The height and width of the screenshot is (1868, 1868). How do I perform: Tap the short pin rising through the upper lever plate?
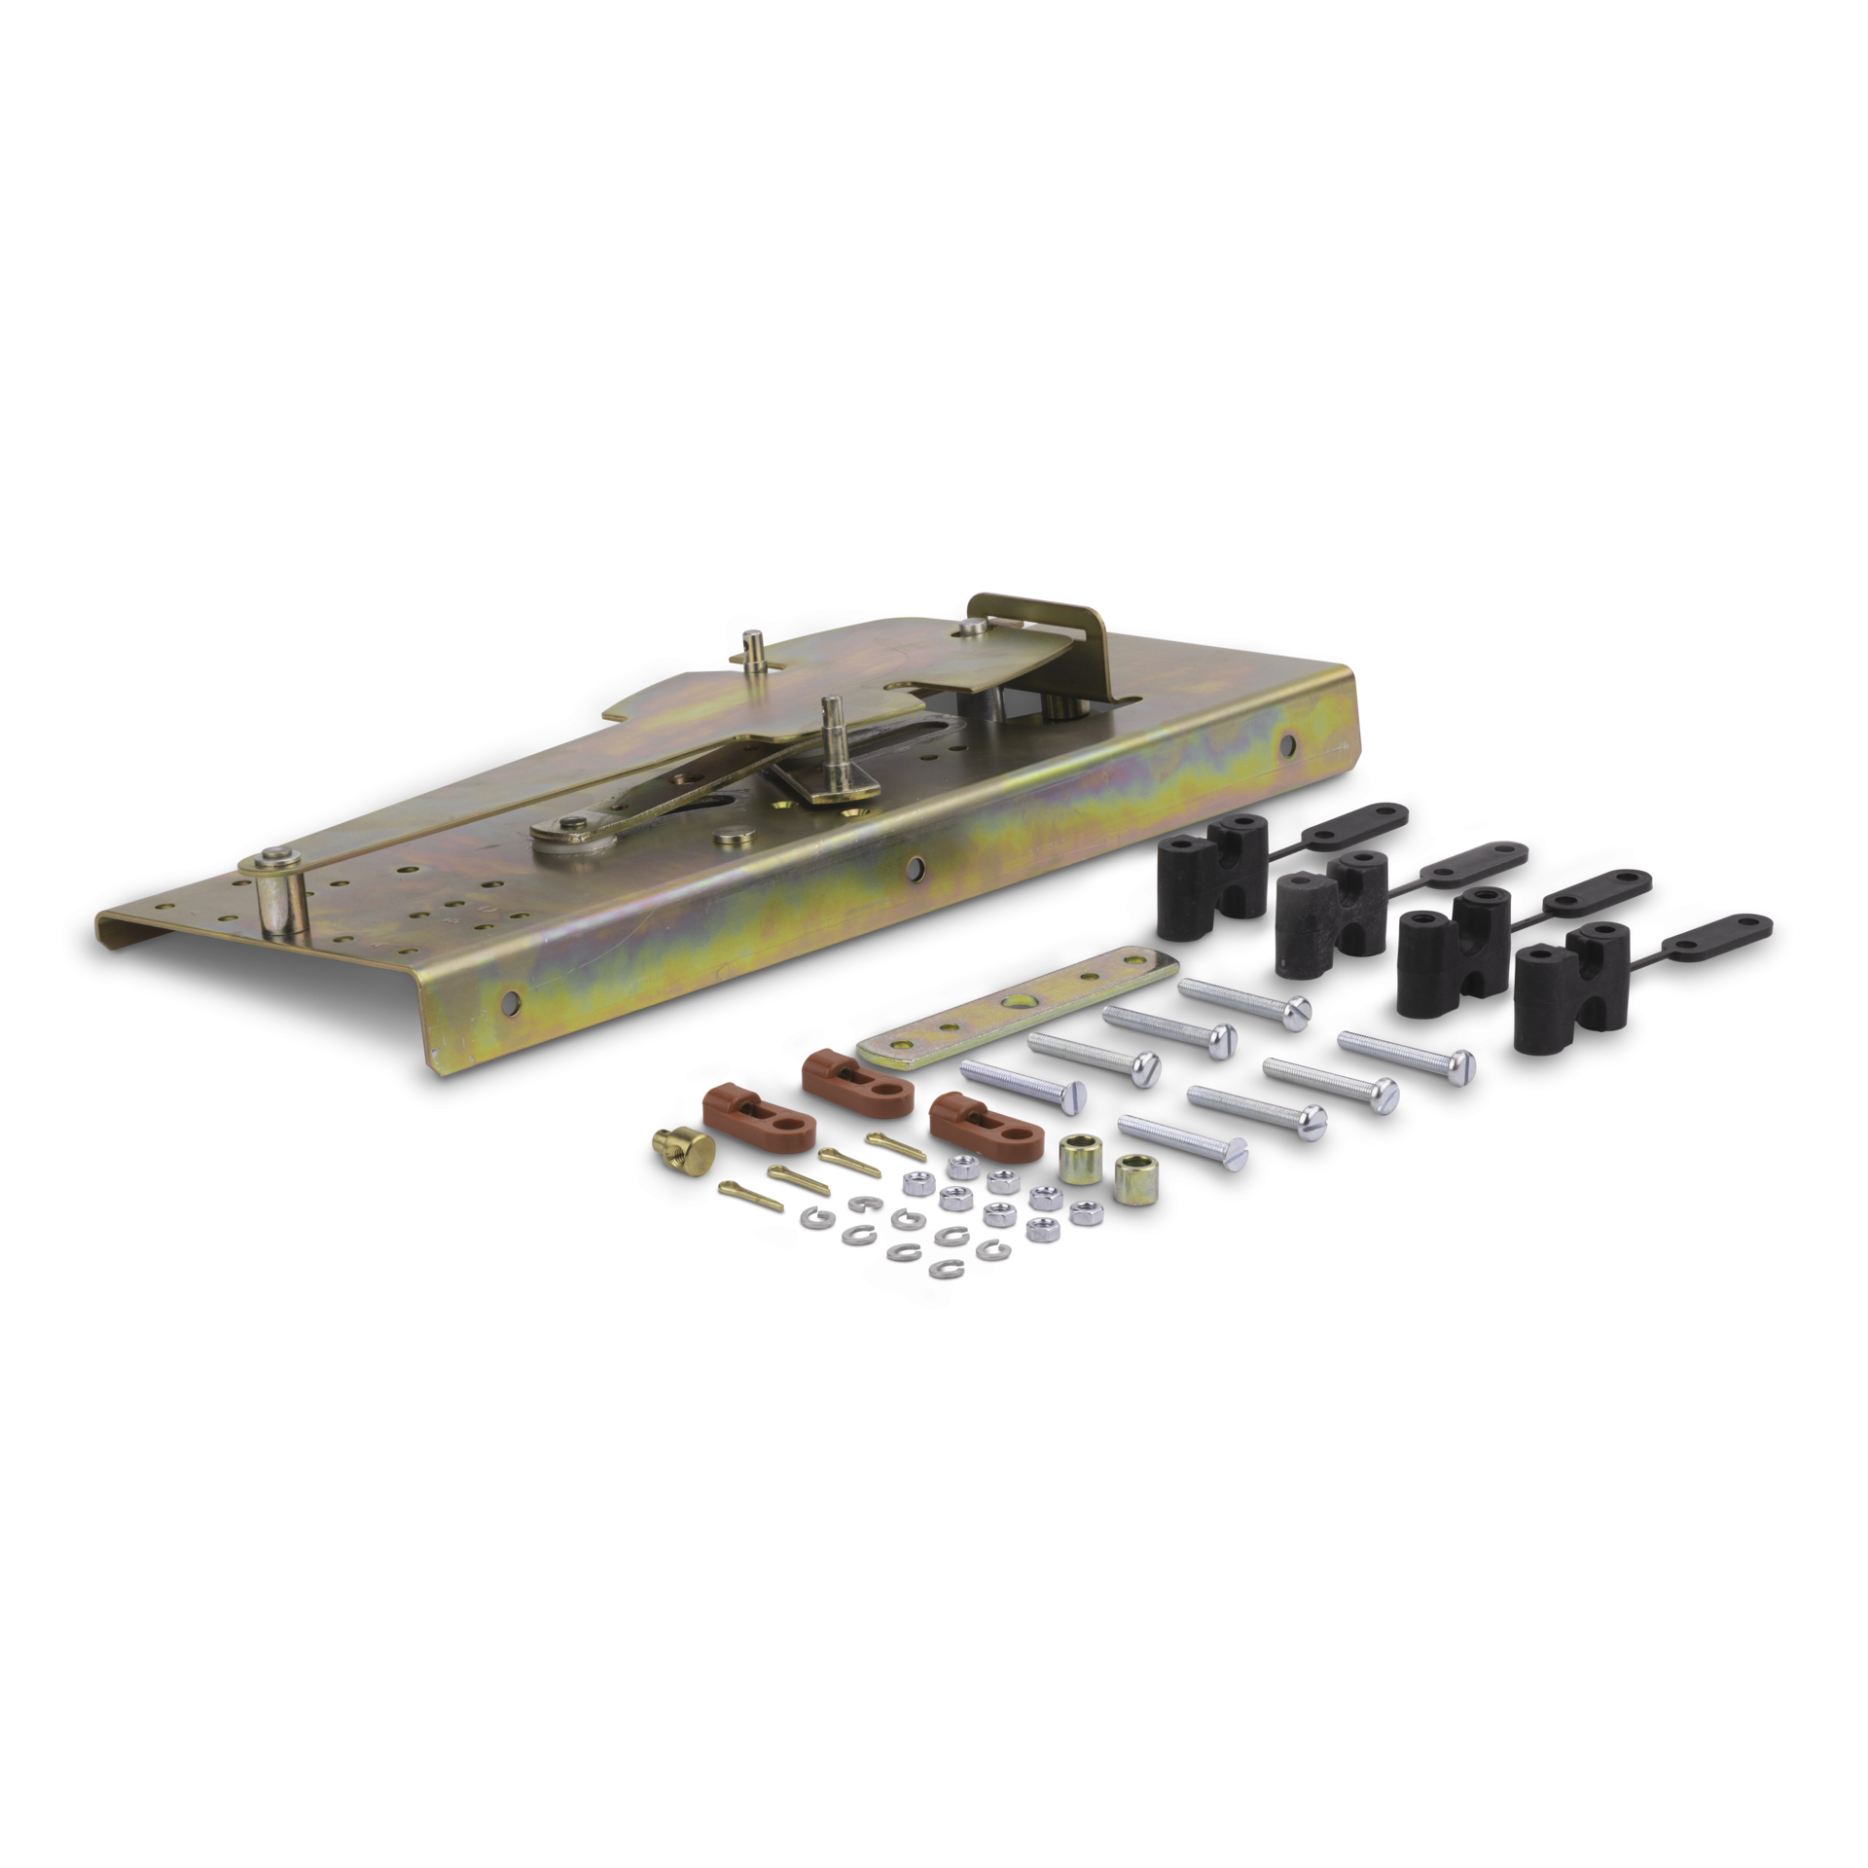click(752, 646)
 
